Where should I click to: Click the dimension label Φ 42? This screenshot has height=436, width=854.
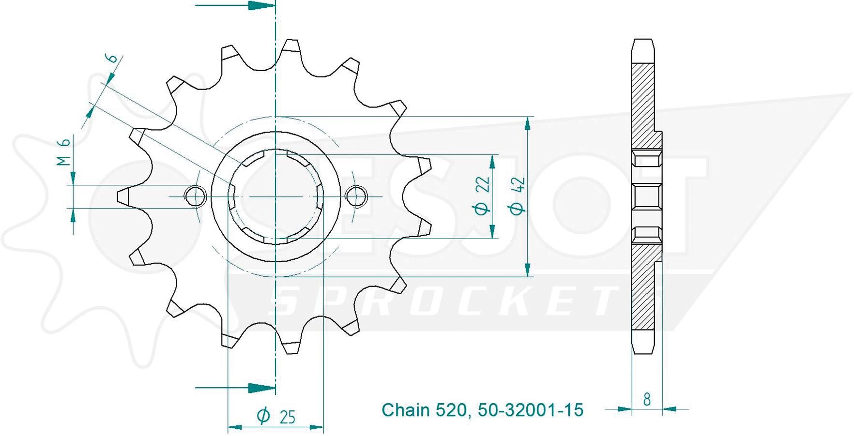[x=517, y=195]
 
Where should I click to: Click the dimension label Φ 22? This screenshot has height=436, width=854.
[x=483, y=195]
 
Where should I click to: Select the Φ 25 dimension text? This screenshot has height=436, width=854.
[x=276, y=416]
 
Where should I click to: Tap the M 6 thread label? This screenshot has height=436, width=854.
[x=64, y=152]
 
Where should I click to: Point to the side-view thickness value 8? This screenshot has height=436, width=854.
[x=647, y=399]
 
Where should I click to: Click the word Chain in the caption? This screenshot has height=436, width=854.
[x=406, y=410]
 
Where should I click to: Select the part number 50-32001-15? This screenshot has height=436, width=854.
[x=531, y=410]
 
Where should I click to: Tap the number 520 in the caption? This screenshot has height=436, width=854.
[x=451, y=410]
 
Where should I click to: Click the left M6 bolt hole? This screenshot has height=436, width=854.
[x=195, y=196]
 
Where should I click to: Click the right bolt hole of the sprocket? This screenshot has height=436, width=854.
[x=357, y=196]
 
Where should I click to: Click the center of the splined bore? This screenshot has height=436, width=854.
[x=275, y=196]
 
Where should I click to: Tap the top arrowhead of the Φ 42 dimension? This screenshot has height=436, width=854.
[x=528, y=123]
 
